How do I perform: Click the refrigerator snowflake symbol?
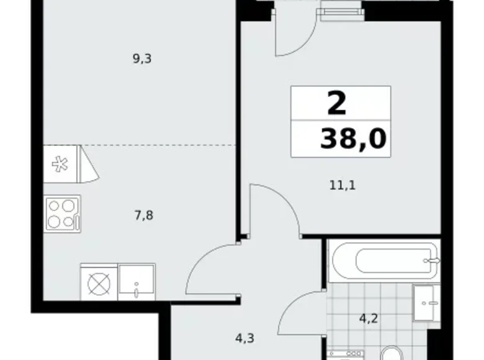coord(60,164)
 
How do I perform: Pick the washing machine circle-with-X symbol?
coord(98,284)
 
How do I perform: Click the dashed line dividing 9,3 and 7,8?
coord(159,145)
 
